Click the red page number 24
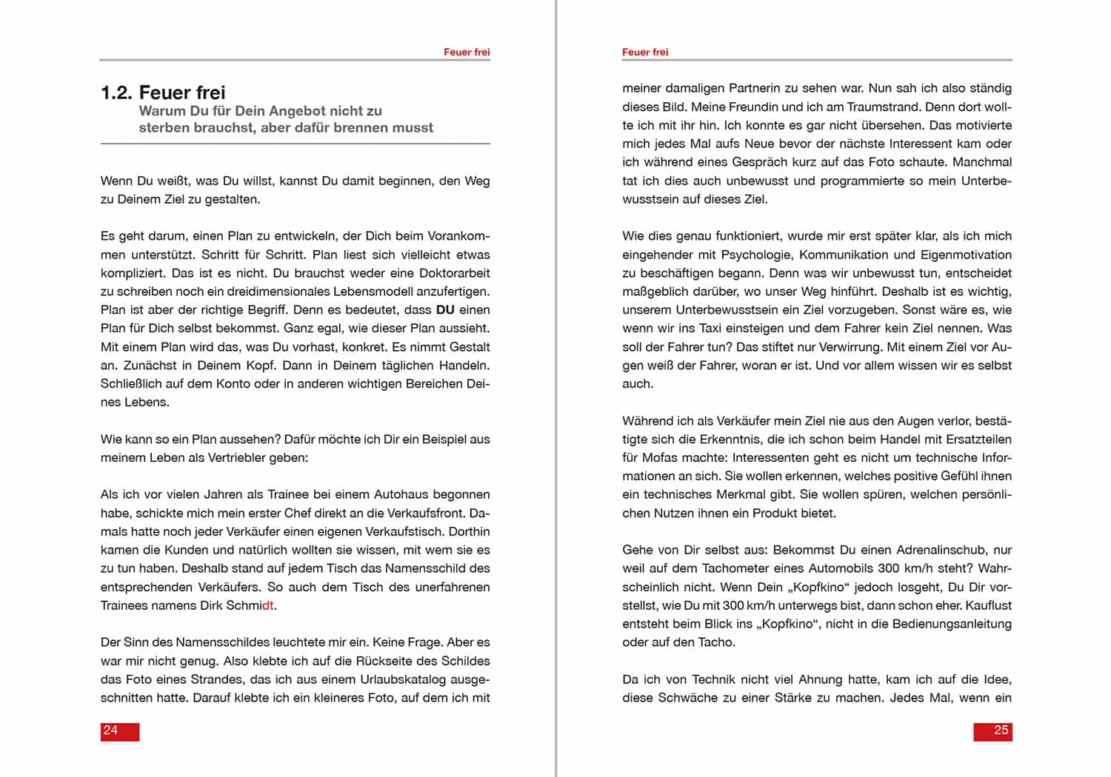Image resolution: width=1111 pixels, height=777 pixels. (x=110, y=730)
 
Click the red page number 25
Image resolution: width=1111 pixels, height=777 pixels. (x=1001, y=730)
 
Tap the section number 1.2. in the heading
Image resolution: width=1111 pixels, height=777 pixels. (x=116, y=92)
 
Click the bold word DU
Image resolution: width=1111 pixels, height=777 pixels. (x=445, y=310)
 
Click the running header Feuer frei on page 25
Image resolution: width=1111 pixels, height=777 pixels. (x=645, y=52)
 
